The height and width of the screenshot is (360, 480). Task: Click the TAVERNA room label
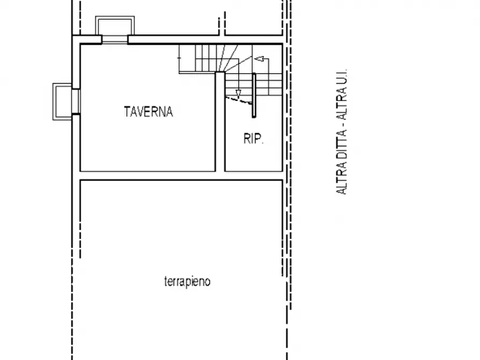148,111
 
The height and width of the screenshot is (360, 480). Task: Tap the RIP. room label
254,139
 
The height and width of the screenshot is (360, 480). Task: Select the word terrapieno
188,282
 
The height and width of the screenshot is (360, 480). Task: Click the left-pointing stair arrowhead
260,59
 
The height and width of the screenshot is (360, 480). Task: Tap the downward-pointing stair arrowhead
238,94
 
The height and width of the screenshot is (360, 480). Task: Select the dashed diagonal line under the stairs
239,100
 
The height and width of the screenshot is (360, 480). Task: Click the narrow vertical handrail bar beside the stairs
254,95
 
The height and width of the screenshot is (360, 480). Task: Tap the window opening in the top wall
115,40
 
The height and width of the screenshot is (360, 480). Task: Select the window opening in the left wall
76,102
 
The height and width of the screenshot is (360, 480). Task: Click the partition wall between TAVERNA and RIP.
220,122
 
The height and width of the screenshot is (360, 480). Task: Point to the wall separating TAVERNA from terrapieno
181,176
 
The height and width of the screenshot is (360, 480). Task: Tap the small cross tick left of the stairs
179,57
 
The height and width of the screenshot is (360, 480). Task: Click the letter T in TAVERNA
127,111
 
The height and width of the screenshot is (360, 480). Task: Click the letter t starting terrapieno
166,282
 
